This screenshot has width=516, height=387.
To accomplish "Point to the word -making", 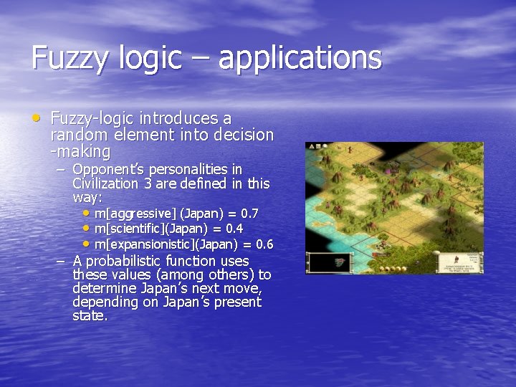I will coord(80,152).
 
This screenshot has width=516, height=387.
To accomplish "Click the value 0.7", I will coord(249,214).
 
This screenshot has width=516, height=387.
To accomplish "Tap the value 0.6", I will coord(264,244).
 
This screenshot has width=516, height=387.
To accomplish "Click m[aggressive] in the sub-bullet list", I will coord(135,214).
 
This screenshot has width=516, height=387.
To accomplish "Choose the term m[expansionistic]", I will coord(143,244).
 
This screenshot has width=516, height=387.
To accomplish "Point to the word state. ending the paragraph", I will coord(90,315).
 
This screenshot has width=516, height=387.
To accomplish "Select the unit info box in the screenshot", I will coord(472,262).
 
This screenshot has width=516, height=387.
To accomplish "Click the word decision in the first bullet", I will coord(242,135).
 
